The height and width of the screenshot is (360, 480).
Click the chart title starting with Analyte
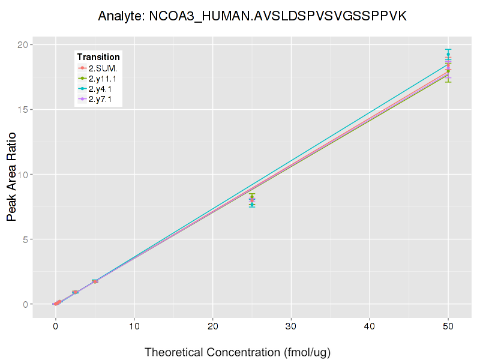(253, 16)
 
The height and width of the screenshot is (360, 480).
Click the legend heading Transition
(98, 57)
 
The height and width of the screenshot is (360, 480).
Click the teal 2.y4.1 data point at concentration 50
(448, 54)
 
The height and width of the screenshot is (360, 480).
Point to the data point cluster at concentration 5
(95, 281)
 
